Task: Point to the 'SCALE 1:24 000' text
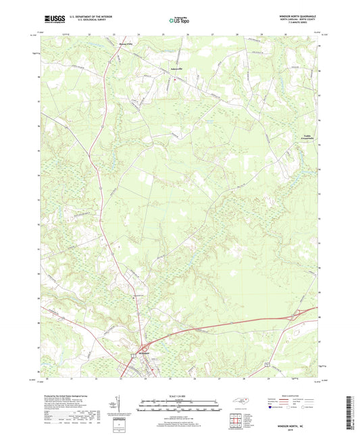pyautogui.click(x=179, y=396)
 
